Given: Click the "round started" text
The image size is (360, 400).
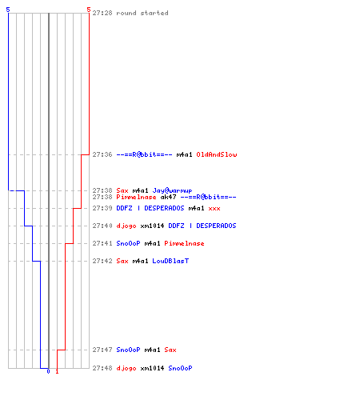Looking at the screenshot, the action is [x=142, y=13].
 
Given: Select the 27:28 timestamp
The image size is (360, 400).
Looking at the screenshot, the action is [x=102, y=13].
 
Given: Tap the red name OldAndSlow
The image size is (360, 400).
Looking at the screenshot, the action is [x=217, y=154].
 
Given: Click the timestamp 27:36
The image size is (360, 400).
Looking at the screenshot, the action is [x=102, y=154].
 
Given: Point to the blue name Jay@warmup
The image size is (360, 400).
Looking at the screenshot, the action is [x=172, y=190].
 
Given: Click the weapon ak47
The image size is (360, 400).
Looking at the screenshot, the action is [x=168, y=197].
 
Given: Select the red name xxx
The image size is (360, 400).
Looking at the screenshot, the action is [x=214, y=208].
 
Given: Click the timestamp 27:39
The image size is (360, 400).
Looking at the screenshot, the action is [x=102, y=208].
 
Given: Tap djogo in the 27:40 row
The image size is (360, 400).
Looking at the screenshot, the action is [x=126, y=226].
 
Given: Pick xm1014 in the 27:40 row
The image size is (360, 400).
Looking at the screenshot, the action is [x=152, y=226].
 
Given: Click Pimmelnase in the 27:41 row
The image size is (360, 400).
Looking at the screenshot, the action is [x=184, y=243].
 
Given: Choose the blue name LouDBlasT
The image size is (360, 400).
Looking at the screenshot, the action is [x=170, y=261].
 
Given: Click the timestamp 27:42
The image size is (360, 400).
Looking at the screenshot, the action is [x=102, y=261].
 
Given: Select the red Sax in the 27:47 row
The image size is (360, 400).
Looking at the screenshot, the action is [x=170, y=350].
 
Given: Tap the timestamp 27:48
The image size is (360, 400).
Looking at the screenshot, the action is [x=102, y=368].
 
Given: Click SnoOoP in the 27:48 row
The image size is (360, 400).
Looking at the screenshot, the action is [x=180, y=368].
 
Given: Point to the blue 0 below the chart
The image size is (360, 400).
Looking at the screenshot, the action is [x=48, y=371].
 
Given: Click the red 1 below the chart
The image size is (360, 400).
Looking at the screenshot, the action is [x=57, y=371].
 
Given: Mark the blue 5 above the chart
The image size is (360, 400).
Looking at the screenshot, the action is [x=8, y=10].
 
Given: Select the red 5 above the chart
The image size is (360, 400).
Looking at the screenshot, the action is [x=89, y=10].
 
